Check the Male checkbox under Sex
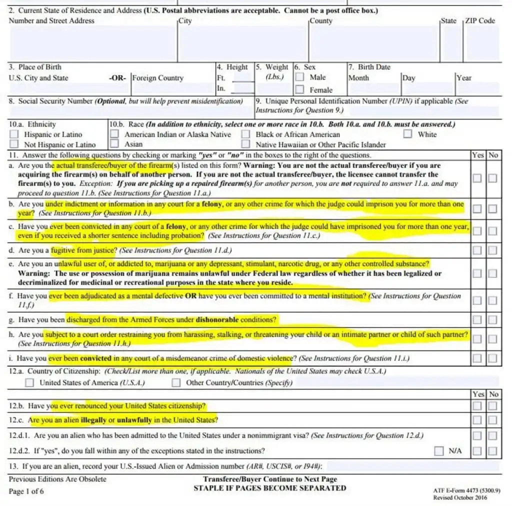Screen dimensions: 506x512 (x=299, y=77)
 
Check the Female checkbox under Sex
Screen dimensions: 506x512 (x=299, y=90)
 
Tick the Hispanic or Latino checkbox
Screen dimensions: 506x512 (x=14, y=134)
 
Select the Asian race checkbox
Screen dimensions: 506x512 (x=114, y=144)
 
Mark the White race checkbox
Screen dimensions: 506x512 (x=408, y=134)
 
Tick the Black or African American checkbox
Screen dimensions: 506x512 (x=245, y=134)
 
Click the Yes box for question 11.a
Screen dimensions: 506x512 (x=478, y=178)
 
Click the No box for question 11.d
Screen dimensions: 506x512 (x=493, y=250)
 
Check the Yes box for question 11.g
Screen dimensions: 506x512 (x=478, y=319)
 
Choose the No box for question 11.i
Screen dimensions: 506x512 (x=493, y=358)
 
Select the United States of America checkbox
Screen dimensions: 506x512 (x=30, y=382)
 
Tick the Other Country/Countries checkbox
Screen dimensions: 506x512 (x=176, y=382)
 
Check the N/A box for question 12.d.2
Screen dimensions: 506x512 (x=438, y=451)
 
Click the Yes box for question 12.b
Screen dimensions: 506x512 (x=478, y=405)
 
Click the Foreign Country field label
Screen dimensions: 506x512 (x=157, y=78)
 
